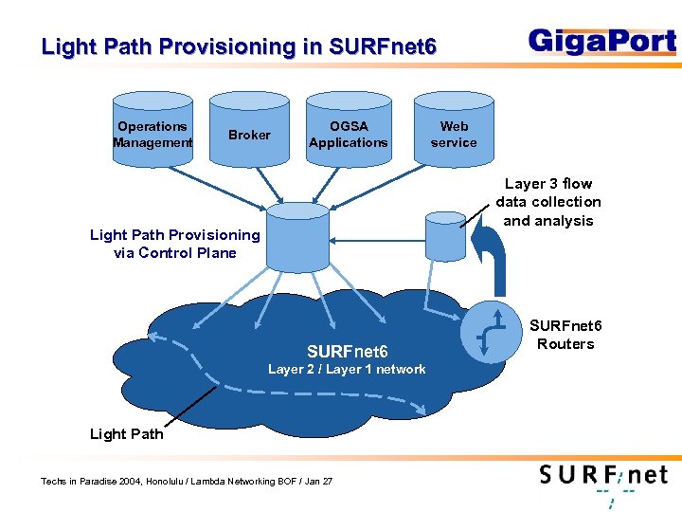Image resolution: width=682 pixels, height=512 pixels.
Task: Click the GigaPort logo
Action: [602, 43]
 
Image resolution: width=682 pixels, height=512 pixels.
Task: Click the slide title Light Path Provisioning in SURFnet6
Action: [239, 46]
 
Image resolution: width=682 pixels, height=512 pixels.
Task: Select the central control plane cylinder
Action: [297, 237]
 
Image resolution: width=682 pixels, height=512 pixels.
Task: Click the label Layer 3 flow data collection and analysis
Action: [548, 202]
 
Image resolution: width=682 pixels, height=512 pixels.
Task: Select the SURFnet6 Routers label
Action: [565, 335]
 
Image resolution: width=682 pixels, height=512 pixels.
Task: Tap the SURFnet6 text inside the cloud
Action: [347, 353]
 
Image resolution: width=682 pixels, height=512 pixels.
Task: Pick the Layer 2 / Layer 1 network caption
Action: [347, 370]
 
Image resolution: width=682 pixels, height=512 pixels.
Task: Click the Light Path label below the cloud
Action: [126, 434]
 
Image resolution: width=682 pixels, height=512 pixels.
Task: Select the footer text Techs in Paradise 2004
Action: [187, 482]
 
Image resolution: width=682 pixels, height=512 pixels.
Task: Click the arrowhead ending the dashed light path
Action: [420, 410]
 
